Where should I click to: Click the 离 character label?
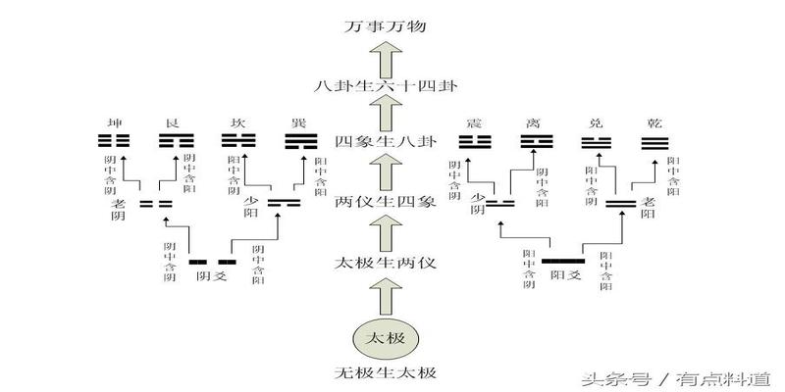pyautogui.click(x=535, y=123)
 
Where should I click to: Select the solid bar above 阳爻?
pyautogui.click(x=563, y=262)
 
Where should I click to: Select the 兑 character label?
pyautogui.click(x=592, y=123)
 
